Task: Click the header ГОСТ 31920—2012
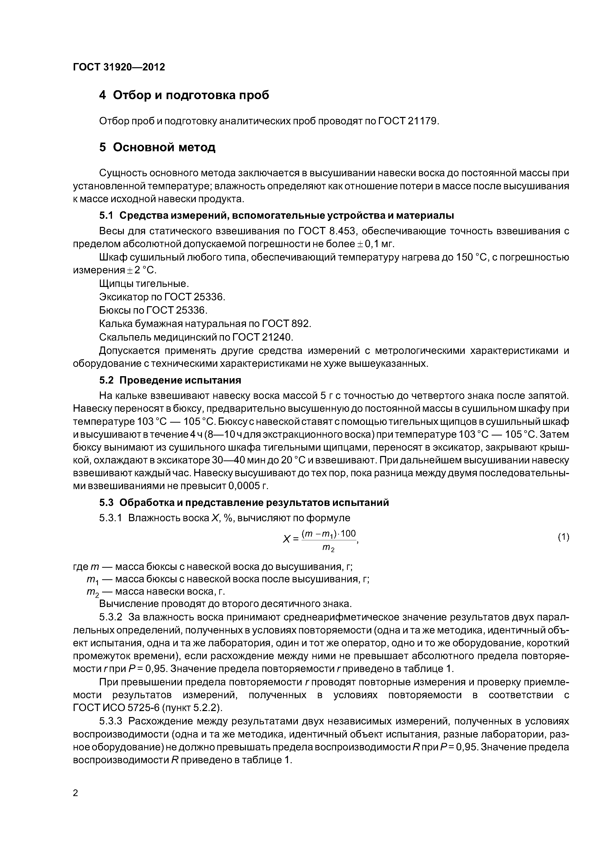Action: [x=119, y=67]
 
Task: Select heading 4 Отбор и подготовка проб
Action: [x=184, y=95]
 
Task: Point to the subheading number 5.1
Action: [x=106, y=216]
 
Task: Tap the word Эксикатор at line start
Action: [x=124, y=297]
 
